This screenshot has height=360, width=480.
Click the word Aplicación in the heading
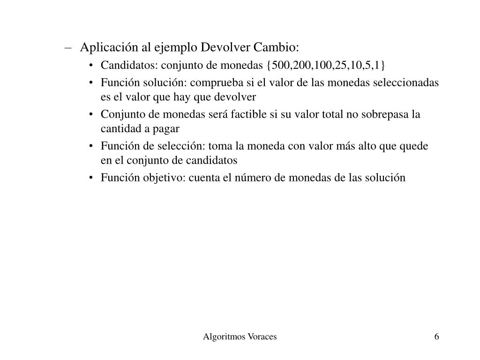[x=104, y=48]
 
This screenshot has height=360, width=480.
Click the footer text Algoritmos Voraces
[x=240, y=337]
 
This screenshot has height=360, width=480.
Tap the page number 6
[x=437, y=337]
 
